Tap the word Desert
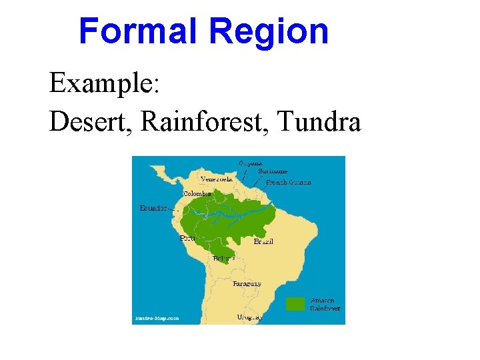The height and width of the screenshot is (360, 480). tap(86, 121)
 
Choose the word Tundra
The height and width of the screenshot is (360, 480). tap(319, 121)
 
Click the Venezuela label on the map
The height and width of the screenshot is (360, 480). tap(217, 179)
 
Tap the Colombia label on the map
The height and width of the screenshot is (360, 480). tap(197, 193)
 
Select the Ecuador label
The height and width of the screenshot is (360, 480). tap(153, 207)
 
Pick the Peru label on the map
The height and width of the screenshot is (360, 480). tap(187, 237)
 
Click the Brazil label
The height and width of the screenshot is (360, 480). tap(263, 241)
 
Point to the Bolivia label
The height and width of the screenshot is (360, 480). tap(223, 257)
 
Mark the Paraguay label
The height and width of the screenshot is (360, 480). tap(247, 283)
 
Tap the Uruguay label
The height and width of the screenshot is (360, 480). tap(249, 317)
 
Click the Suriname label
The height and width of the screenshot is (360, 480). tap(273, 171)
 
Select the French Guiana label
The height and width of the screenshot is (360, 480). tap(289, 182)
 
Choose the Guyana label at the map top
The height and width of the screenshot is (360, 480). tap(251, 162)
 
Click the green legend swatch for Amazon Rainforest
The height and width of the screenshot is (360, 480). tap(295, 304)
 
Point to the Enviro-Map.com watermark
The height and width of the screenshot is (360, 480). tap(156, 318)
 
